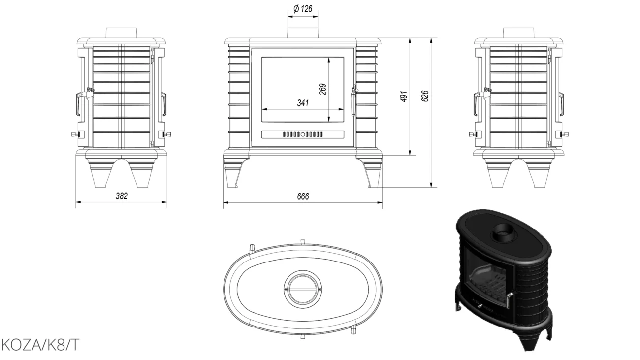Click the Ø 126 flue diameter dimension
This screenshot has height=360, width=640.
(x=303, y=9)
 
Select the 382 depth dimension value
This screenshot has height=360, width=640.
(x=122, y=196)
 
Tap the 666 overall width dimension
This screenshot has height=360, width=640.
(x=303, y=196)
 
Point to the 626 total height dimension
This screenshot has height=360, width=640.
(x=425, y=96)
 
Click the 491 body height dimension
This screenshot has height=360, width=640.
(x=403, y=97)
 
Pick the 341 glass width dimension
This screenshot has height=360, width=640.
(x=303, y=103)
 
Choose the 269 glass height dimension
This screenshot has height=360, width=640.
(x=322, y=89)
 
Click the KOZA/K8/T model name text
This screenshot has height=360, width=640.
(x=40, y=345)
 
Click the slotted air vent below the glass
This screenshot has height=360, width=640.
(x=303, y=134)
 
